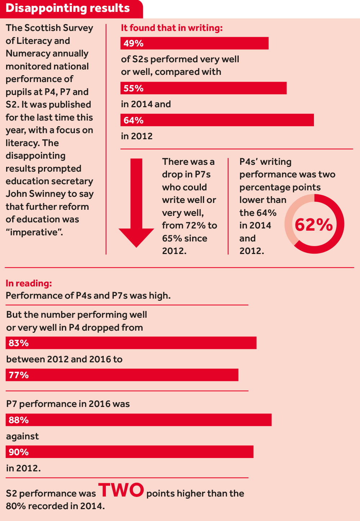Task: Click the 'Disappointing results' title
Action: pyautogui.click(x=68, y=8)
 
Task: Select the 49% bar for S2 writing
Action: pyautogui.click(x=194, y=43)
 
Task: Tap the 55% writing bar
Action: pyautogui.click(x=203, y=88)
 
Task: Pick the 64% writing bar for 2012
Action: pyautogui.click(x=217, y=120)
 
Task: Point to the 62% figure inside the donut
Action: pyautogui.click(x=314, y=225)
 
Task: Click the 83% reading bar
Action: pyautogui.click(x=131, y=343)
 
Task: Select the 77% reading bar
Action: pyautogui.click(x=122, y=375)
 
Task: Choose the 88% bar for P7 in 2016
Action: pyautogui.click(x=139, y=420)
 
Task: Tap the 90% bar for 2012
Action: pyautogui.click(x=130, y=452)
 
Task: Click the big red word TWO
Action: pyautogui.click(x=121, y=490)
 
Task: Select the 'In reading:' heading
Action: pyautogui.click(x=29, y=283)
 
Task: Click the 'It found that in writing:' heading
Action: pyautogui.click(x=172, y=28)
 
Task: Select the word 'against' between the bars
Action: pyautogui.click(x=22, y=436)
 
